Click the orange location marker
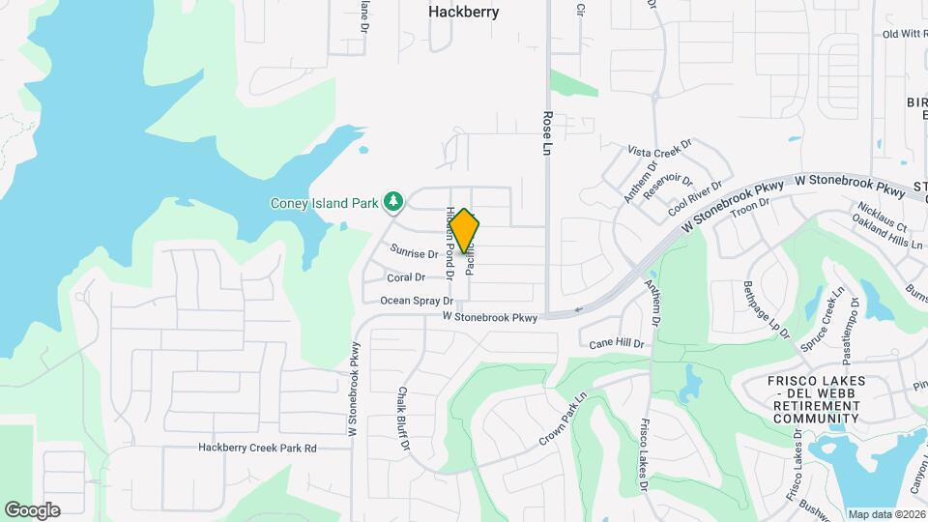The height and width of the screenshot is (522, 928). pos(465,232)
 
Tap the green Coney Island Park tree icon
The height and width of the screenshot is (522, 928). pos(393,202)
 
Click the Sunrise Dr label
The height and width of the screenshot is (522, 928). pos(415,253)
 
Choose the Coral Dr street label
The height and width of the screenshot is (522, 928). pos(406,277)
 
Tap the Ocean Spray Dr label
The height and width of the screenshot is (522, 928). pos(417,301)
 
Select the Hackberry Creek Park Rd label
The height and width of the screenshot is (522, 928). pos(258,449)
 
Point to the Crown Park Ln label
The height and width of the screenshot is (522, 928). pos(564,420)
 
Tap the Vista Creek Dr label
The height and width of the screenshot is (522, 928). pos(660,150)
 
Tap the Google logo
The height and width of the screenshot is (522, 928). pos(32,509)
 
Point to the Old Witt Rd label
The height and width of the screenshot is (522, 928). pos(904,34)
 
